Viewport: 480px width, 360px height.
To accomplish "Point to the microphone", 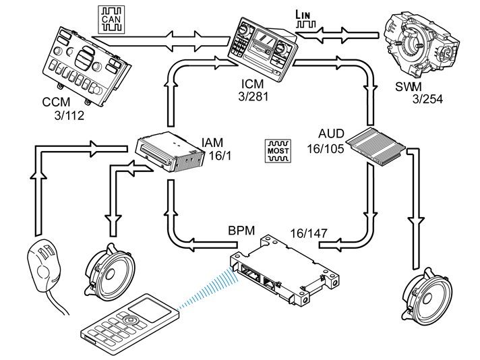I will [x=44, y=265].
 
